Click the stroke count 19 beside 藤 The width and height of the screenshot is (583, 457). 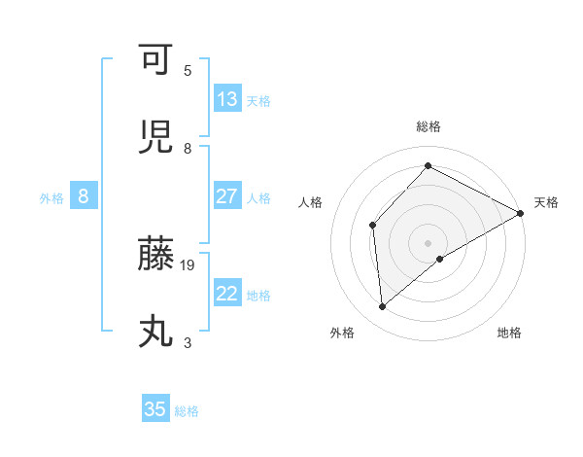click(189, 264)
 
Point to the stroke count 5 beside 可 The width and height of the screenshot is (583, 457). click(188, 70)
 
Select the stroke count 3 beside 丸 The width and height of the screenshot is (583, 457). click(188, 342)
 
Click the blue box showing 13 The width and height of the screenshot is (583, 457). click(227, 99)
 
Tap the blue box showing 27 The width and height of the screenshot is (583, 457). click(227, 196)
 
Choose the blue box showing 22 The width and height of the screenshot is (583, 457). click(227, 294)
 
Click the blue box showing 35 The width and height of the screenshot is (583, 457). click(155, 409)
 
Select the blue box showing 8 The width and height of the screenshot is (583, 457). click(84, 196)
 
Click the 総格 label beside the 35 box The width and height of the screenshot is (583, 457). click(187, 411)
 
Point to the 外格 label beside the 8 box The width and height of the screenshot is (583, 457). click(51, 197)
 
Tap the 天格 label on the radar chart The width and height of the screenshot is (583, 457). click(546, 202)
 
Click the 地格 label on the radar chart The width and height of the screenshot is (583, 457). click(509, 333)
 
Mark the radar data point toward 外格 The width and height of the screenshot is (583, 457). click(383, 307)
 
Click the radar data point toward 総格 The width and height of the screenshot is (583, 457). click(428, 165)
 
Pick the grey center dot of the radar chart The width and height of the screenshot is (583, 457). click(429, 242)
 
